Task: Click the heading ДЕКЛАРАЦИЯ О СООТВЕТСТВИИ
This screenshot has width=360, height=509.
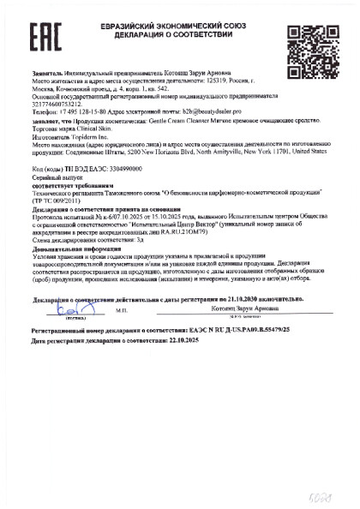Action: pos(175,34)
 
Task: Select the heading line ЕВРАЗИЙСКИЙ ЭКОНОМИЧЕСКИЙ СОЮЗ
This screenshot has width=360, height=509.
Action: pos(175,24)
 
